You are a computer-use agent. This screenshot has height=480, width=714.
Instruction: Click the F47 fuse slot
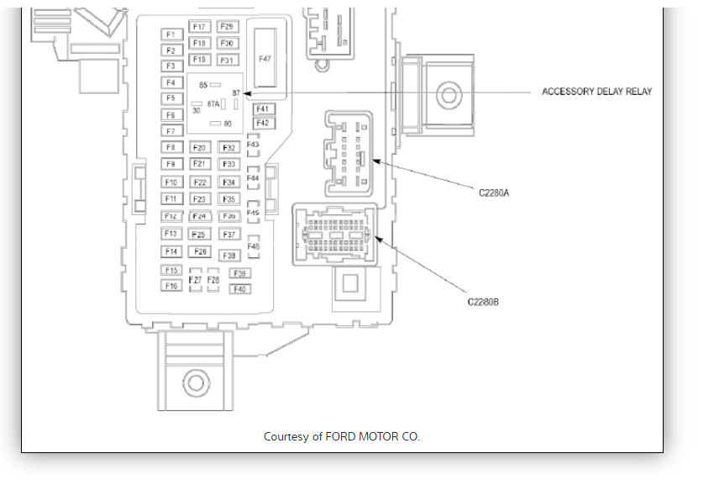265,58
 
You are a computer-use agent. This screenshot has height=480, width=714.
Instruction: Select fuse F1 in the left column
171,34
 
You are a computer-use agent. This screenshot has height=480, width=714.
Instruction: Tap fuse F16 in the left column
171,286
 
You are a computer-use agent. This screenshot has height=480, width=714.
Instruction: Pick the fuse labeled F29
227,27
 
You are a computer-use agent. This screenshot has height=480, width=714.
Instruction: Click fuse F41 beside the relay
263,109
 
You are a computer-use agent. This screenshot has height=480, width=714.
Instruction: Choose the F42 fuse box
263,124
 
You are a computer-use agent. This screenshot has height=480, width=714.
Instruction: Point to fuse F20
199,148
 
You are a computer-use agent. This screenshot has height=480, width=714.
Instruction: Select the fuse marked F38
229,255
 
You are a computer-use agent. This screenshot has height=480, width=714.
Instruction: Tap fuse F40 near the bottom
239,288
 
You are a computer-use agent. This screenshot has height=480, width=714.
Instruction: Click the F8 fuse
171,148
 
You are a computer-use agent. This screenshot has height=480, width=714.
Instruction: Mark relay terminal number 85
203,85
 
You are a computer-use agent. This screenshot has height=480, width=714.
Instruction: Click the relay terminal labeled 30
196,110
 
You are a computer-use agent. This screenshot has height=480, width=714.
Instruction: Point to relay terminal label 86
227,124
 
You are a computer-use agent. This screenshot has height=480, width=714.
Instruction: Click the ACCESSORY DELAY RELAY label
596,92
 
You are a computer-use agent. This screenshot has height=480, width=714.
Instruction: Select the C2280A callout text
495,193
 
